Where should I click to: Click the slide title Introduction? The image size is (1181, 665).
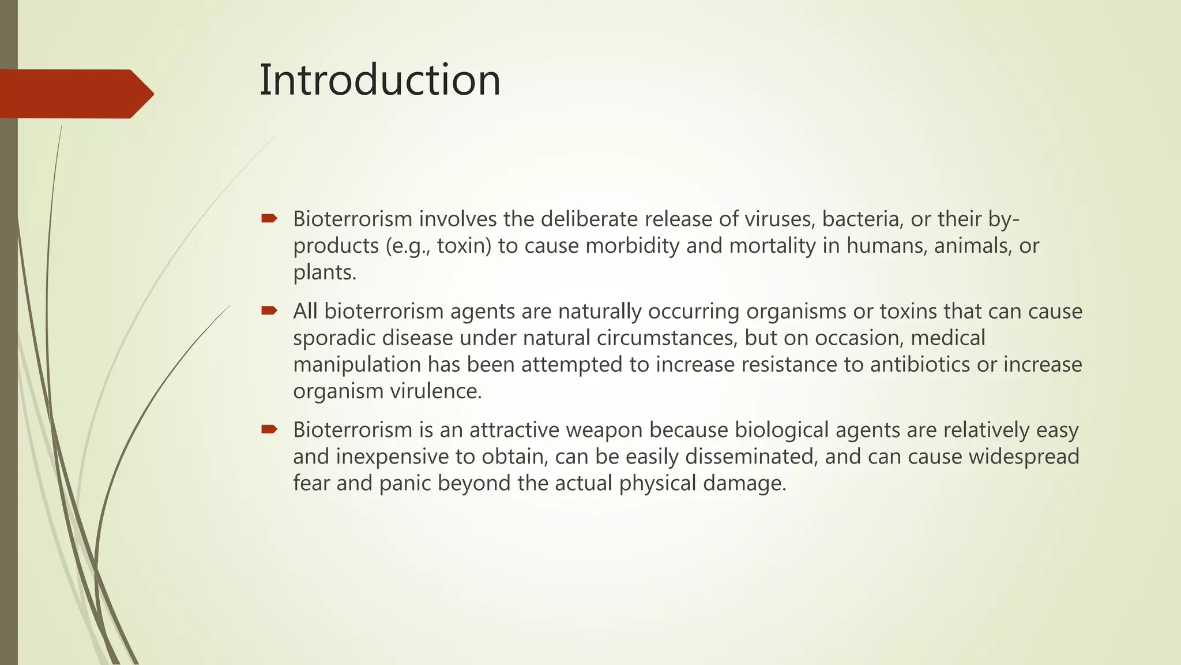[380, 80]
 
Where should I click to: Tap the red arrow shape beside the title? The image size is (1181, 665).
[75, 94]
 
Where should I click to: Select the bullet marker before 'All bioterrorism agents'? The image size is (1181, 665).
[269, 311]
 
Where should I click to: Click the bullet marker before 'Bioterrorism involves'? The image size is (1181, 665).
[269, 218]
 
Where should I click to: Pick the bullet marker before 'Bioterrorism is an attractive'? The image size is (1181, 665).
[269, 429]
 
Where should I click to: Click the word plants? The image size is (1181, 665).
[324, 272]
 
